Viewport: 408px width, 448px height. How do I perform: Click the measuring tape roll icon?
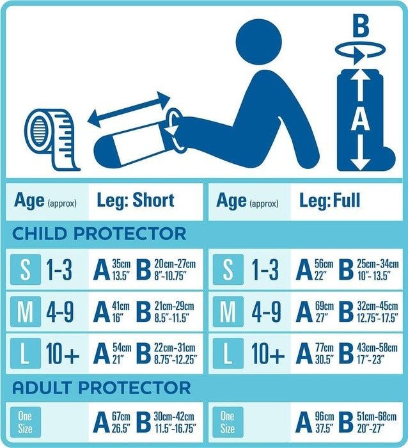click(x=52, y=138)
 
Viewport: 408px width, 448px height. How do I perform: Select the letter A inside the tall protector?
click(x=361, y=120)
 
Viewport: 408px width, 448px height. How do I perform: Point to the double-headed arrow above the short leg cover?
click(x=129, y=109)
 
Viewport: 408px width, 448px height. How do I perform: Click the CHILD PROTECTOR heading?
click(x=100, y=234)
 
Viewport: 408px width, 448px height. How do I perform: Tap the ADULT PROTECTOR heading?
click(x=102, y=387)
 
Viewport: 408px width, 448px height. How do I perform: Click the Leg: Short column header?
click(x=136, y=200)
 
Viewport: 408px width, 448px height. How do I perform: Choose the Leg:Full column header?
click(x=330, y=200)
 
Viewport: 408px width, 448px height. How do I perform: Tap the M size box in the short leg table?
click(x=25, y=312)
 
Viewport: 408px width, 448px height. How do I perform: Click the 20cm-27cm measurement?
click(x=175, y=264)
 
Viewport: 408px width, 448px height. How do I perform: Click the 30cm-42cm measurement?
click(x=175, y=417)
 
